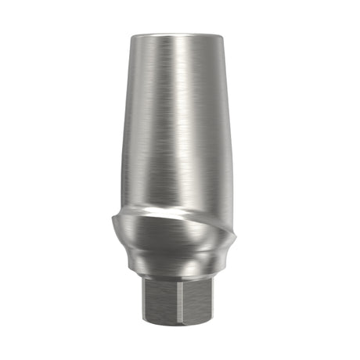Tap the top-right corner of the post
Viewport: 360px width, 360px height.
pyautogui.click(x=225, y=36)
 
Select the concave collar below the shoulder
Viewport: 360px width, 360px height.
pyautogui.click(x=179, y=250)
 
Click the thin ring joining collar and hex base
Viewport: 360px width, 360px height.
pyautogui.click(x=179, y=275)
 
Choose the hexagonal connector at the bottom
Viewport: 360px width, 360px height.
pyautogui.click(x=179, y=301)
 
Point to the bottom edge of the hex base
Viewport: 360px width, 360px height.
pyautogui.click(x=179, y=326)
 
